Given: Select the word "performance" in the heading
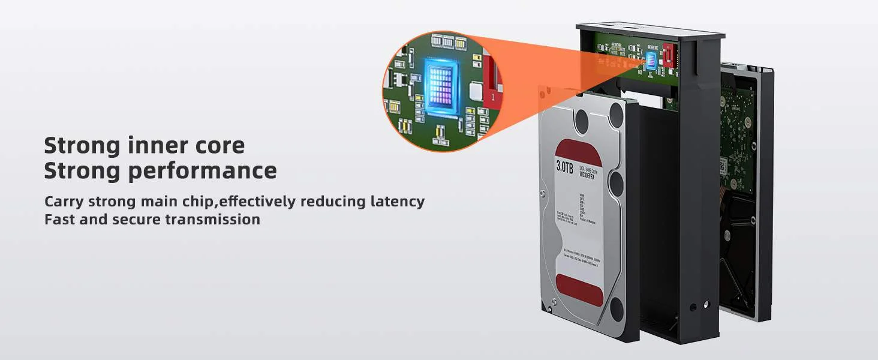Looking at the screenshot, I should pyautogui.click(x=202, y=171).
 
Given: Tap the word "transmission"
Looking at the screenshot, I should pyautogui.click(x=212, y=219).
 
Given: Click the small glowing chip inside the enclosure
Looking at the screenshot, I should pyautogui.click(x=652, y=59).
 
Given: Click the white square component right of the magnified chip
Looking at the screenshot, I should pyautogui.click(x=476, y=91).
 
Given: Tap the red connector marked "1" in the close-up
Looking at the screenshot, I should pyautogui.click(x=491, y=84).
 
